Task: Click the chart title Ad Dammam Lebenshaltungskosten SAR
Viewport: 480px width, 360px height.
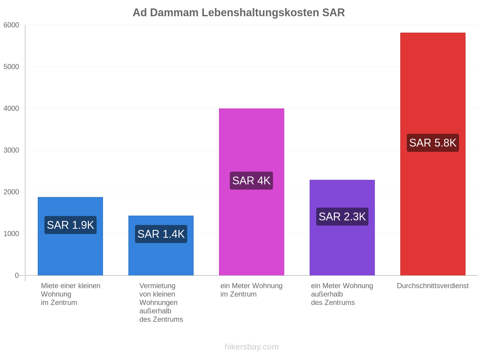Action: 238,13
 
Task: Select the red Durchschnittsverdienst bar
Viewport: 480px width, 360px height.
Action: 433,154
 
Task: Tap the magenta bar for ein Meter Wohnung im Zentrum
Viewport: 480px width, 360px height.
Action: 251,192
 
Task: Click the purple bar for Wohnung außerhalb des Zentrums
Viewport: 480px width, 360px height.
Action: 342,227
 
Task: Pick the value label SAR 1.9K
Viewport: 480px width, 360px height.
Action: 70,225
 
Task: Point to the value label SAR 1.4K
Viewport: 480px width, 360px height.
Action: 161,234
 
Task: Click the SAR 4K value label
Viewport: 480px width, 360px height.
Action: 251,181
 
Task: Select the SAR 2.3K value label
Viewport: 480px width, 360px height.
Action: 342,217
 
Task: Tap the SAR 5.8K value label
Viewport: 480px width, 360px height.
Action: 433,143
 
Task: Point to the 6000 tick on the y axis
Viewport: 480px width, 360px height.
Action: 11,25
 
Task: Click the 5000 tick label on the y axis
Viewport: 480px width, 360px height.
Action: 11,67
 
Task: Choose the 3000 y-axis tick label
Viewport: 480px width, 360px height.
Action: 11,150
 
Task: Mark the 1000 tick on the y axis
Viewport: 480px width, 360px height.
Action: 11,234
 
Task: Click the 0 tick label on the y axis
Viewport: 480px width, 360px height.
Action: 17,275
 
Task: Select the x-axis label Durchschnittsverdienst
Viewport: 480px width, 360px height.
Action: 433,286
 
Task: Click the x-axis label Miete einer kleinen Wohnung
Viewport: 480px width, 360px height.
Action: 70,290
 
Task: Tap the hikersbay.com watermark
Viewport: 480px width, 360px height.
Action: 251,347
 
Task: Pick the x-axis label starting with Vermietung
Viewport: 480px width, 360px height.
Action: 161,302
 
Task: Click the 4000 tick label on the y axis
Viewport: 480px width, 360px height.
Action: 11,108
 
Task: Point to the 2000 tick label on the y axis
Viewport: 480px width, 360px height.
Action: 11,192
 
